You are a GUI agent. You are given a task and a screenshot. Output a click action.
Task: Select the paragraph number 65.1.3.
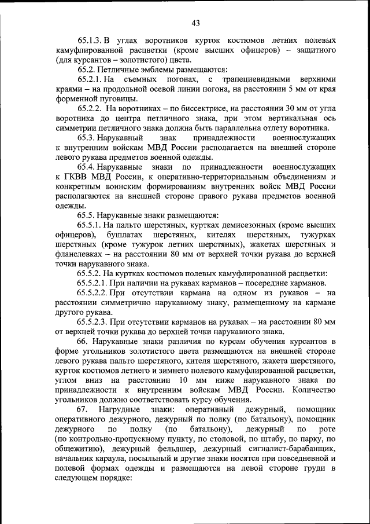[x=90, y=42]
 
